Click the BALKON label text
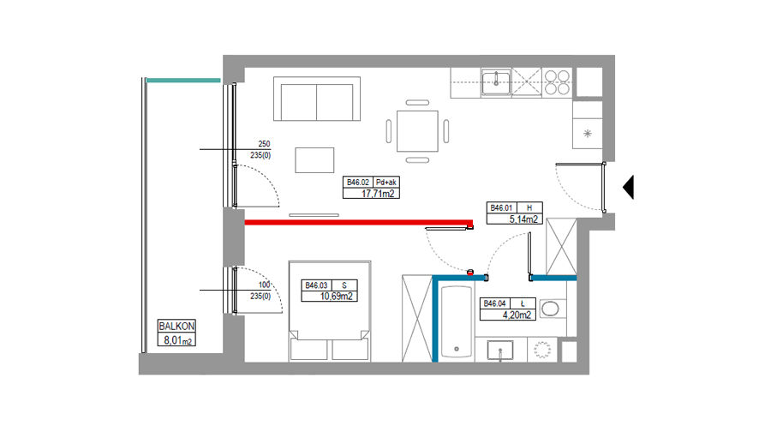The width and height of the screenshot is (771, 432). point(176,327)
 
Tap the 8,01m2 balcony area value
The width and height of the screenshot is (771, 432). point(177,340)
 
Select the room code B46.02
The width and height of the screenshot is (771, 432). point(357,182)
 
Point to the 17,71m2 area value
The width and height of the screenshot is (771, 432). point(378,194)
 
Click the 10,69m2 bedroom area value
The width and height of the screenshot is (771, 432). point(336,297)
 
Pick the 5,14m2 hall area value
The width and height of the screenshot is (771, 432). point(523,219)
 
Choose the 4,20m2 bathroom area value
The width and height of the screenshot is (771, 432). point(517,315)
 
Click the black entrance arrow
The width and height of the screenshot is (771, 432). point(629,187)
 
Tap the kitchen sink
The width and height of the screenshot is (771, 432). point(496,82)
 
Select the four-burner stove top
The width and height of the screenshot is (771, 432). point(557,82)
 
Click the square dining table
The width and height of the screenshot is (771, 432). point(417,131)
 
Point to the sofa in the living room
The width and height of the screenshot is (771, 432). point(317,99)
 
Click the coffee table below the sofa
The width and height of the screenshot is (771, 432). point(314,160)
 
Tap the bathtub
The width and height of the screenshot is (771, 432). point(457,321)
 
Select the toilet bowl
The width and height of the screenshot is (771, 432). point(551,309)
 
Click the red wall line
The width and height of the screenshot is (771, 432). point(359,222)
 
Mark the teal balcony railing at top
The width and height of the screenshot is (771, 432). point(183,81)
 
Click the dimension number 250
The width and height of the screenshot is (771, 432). point(264,144)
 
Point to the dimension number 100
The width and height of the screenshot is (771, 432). point(265,285)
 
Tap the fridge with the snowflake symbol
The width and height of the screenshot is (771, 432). point(588,133)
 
